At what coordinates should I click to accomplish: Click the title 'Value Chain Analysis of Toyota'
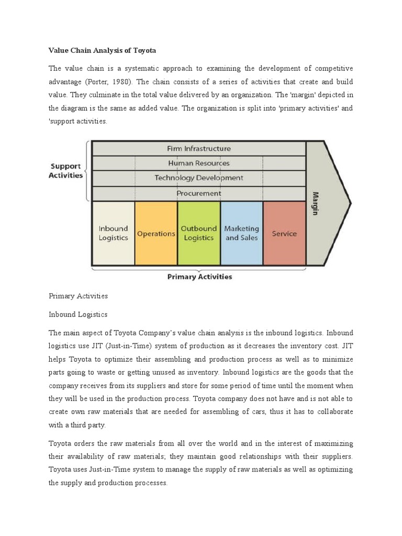(x=103, y=51)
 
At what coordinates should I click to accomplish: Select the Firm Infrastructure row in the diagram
(x=198, y=149)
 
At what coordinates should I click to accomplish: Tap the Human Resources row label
(x=198, y=163)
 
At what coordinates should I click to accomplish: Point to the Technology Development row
(x=198, y=178)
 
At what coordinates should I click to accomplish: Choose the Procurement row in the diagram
(x=198, y=193)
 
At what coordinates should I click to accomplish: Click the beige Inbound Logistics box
(x=113, y=233)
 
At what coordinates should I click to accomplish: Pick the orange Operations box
(x=156, y=233)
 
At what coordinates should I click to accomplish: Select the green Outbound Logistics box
(x=198, y=233)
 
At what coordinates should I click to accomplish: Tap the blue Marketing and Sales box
(x=241, y=233)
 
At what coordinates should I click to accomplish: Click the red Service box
(x=284, y=233)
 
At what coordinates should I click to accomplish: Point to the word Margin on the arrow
(x=316, y=203)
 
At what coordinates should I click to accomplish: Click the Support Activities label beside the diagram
(x=65, y=171)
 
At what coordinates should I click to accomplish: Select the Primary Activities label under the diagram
(x=199, y=277)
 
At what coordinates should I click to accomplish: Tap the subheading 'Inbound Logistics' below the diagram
(x=78, y=315)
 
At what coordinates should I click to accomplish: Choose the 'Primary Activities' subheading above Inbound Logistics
(x=78, y=296)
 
